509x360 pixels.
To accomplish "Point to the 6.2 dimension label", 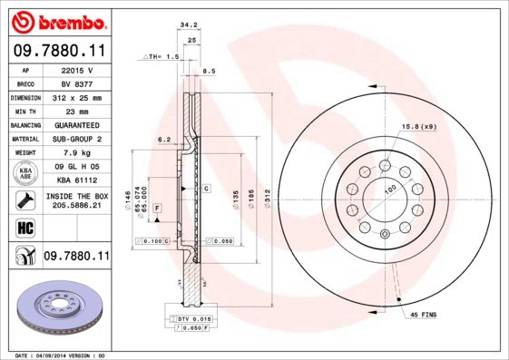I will point(164,140).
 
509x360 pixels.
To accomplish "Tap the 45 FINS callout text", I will point(424,314).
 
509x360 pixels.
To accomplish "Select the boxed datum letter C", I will point(206,189).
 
